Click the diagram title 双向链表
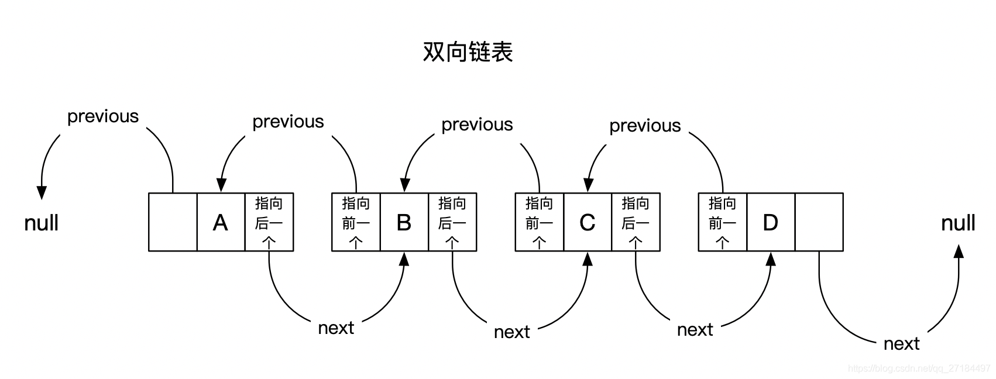click(x=468, y=52)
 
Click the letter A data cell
click(x=221, y=222)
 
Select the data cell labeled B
click(x=404, y=222)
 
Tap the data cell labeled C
click(x=588, y=222)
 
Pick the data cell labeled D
click(x=771, y=222)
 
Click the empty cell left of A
click(x=173, y=222)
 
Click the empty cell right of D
click(x=819, y=222)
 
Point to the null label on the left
click(x=42, y=223)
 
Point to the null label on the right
click(x=958, y=223)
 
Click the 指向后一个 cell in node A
click(x=269, y=222)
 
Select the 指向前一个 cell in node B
click(x=356, y=222)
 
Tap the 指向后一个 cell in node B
click(x=452, y=222)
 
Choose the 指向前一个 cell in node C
click(x=539, y=222)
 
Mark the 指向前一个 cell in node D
click(x=722, y=222)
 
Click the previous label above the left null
click(x=103, y=116)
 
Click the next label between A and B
click(x=336, y=328)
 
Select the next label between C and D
click(x=695, y=330)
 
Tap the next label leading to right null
click(x=901, y=344)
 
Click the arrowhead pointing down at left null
click(x=42, y=192)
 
